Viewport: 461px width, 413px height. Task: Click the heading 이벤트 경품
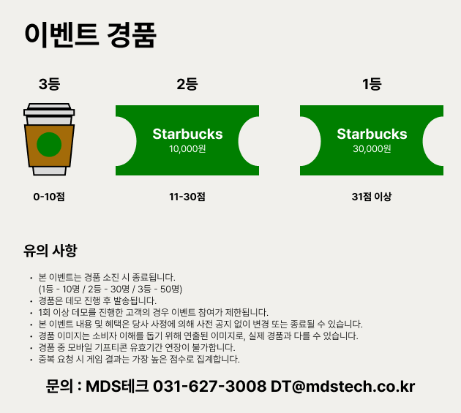pyautogui.click(x=90, y=35)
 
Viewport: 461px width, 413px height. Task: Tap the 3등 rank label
pyautogui.click(x=50, y=84)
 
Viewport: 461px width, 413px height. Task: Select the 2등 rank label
pyautogui.click(x=187, y=84)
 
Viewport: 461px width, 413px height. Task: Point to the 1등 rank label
pyautogui.click(x=372, y=84)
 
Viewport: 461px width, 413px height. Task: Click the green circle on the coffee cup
pyautogui.click(x=49, y=145)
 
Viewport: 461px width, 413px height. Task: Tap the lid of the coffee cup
pyautogui.click(x=49, y=109)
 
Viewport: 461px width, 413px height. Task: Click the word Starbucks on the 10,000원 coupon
pyautogui.click(x=187, y=134)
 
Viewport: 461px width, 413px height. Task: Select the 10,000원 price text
pyautogui.click(x=187, y=149)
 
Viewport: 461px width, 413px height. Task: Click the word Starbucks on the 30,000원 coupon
pyautogui.click(x=372, y=134)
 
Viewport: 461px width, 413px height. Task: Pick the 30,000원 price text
pyautogui.click(x=372, y=149)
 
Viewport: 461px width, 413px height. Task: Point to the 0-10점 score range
pyautogui.click(x=49, y=197)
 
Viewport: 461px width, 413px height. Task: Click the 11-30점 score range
pyautogui.click(x=187, y=197)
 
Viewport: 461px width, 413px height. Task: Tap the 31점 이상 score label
pyautogui.click(x=372, y=197)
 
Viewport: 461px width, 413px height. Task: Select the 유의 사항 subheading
pyautogui.click(x=50, y=251)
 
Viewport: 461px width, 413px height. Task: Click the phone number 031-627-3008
pyautogui.click(x=209, y=386)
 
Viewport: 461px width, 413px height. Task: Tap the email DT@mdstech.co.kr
pyautogui.click(x=342, y=386)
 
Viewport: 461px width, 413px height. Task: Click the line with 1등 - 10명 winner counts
pyautogui.click(x=110, y=289)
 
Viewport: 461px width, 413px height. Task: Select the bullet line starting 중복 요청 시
pyautogui.click(x=139, y=359)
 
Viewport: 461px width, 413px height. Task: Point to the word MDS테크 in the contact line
pyautogui.click(x=117, y=386)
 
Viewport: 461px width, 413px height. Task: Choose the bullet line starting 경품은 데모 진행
pyautogui.click(x=97, y=300)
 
